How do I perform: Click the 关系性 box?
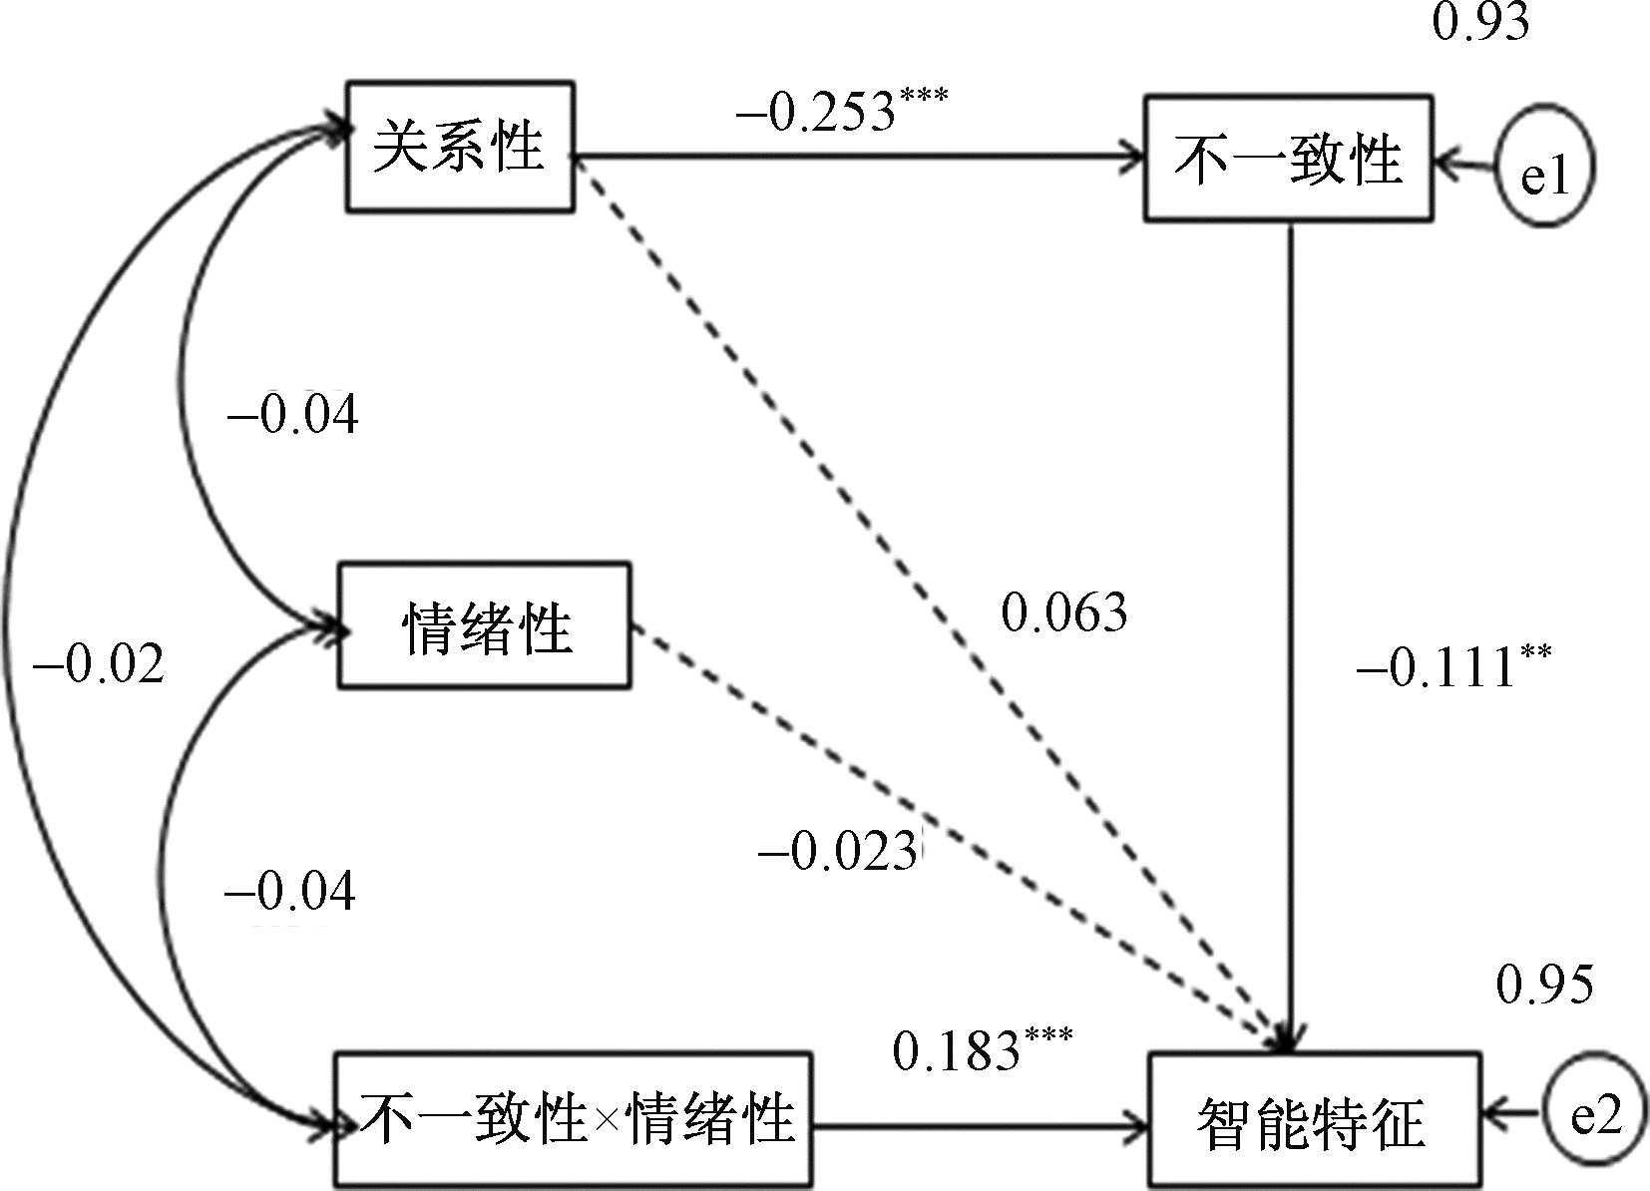tap(459, 147)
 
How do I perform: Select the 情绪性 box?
tap(485, 625)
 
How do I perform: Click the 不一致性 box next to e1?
tap(1288, 158)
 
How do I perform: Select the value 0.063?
tap(1063, 611)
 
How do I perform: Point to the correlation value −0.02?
tap(98, 663)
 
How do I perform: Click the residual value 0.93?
tap(1480, 20)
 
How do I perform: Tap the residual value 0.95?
tap(1544, 986)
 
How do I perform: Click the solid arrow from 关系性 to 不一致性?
tap(858, 157)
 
